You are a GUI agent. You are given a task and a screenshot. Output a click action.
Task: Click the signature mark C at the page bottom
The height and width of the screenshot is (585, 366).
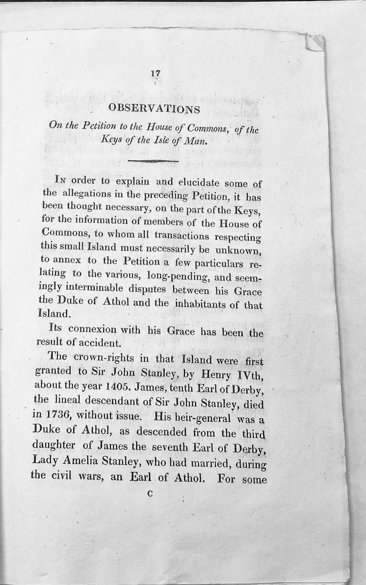[150, 494]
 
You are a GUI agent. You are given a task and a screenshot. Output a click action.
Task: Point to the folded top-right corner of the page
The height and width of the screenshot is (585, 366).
[314, 43]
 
